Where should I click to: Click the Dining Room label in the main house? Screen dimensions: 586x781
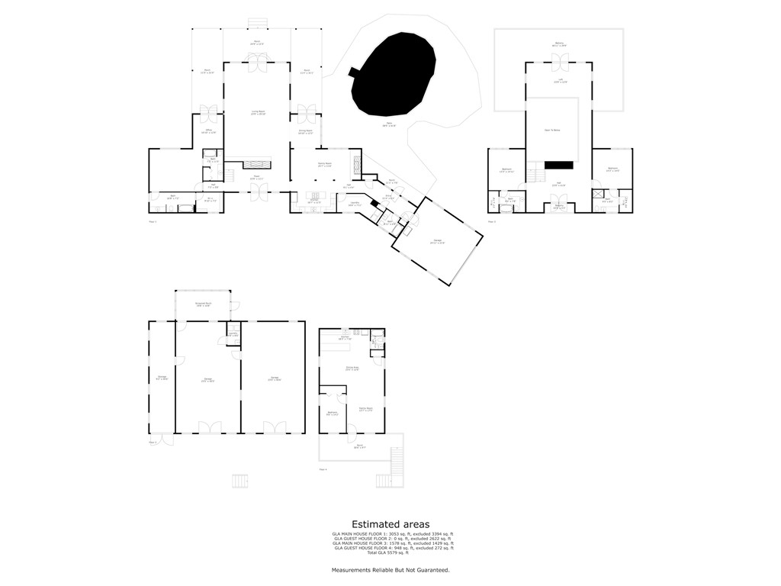coord(306,132)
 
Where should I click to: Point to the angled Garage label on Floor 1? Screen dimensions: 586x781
coord(437,242)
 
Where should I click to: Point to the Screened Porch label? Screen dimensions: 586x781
coord(202,304)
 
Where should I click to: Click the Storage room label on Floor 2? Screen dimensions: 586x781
coord(162,378)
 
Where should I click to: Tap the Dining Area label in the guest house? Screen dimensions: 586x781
coord(352,369)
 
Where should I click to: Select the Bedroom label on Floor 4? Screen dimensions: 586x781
coord(333,414)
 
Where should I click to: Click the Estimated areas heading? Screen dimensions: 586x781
coord(390,524)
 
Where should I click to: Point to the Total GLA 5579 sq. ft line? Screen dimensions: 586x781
coord(390,552)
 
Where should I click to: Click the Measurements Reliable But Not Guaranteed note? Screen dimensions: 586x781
coord(390,570)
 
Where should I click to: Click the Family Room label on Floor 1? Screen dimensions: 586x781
coord(323,165)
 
